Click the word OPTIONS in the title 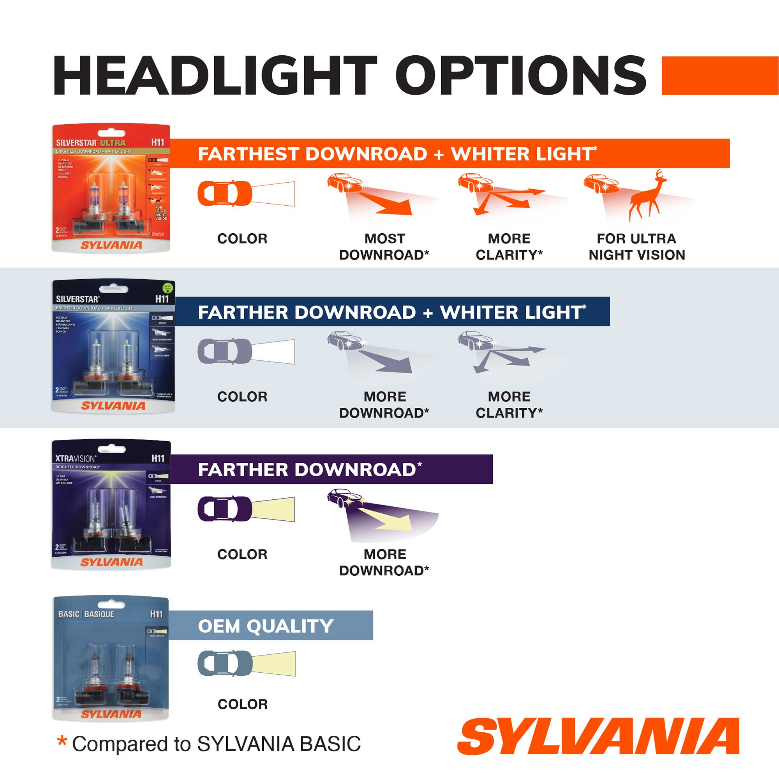point(520,76)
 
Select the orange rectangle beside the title point(720,76)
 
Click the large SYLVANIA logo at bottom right point(598,736)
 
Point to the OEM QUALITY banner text point(265,626)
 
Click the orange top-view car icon point(225,194)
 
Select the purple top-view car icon point(225,509)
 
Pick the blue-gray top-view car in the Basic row point(225,663)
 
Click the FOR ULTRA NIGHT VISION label point(637,247)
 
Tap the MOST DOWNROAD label point(384,247)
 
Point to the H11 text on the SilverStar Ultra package point(158,142)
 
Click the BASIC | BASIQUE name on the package point(86,614)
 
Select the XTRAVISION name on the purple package point(76,458)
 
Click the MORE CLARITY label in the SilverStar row point(509,405)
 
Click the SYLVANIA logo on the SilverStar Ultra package point(111,245)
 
